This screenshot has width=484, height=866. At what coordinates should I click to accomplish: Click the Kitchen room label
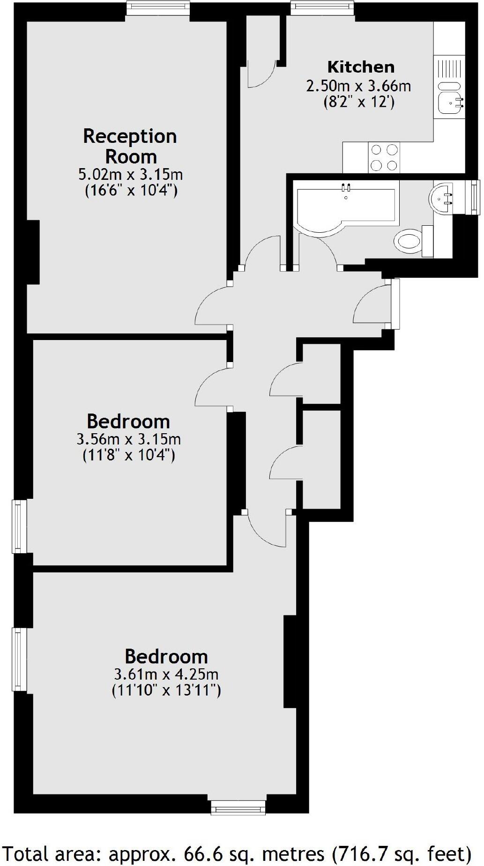[360, 67]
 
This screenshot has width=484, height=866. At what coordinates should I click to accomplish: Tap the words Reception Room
[130, 146]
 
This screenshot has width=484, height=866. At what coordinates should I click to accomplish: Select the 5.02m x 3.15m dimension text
[130, 175]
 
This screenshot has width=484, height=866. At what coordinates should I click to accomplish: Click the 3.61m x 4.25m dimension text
[166, 674]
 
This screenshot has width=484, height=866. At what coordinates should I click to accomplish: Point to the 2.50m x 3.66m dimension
[358, 86]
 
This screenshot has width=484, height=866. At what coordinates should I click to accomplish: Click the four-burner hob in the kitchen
[384, 157]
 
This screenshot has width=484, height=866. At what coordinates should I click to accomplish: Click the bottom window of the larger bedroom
[238, 807]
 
